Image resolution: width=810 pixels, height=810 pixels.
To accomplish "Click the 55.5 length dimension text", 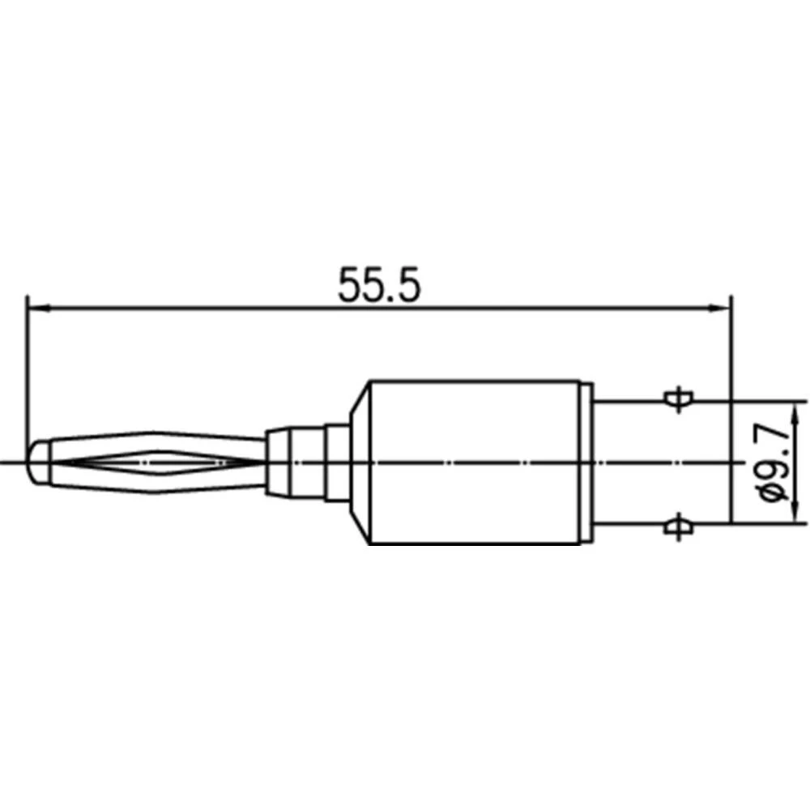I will point(381,286).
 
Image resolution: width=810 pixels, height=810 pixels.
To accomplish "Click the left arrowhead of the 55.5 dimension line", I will point(36,308).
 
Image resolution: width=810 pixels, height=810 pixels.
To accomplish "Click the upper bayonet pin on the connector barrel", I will point(676,398).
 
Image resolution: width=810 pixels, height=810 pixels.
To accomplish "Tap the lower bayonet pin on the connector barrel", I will point(676,527).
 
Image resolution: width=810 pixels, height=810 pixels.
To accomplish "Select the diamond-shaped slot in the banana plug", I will point(154,463).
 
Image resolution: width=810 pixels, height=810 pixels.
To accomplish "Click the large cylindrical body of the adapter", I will point(474,462).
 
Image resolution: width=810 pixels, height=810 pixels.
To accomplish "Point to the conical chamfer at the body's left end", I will point(357,462).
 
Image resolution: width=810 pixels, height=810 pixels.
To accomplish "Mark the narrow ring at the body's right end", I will point(586,462).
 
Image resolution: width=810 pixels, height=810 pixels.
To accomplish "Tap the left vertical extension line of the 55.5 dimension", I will point(27,364).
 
